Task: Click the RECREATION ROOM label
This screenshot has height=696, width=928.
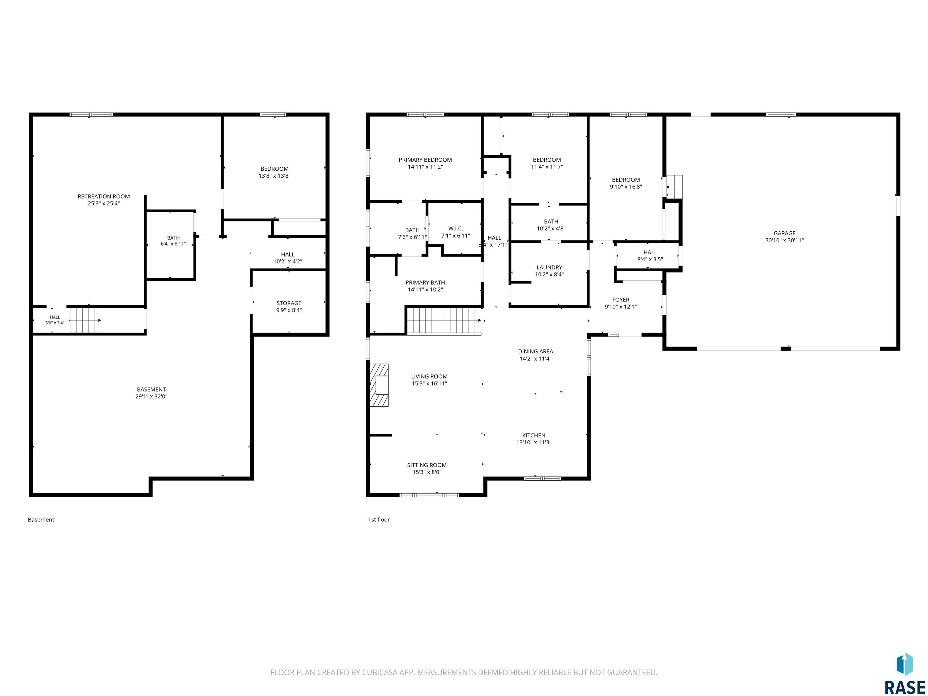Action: pyautogui.click(x=104, y=196)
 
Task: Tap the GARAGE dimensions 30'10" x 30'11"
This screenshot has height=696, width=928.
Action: pyautogui.click(x=784, y=240)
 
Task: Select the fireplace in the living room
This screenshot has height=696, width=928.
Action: pyautogui.click(x=379, y=385)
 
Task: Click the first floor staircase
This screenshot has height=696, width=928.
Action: pyautogui.click(x=444, y=321)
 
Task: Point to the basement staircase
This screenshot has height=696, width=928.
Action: pyautogui.click(x=85, y=320)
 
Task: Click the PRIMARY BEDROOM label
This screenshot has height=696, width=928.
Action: pyautogui.click(x=425, y=160)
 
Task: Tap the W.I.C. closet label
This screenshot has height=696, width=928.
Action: pyautogui.click(x=455, y=229)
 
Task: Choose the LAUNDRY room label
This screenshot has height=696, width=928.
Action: pyautogui.click(x=549, y=267)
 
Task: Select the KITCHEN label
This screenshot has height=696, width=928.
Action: pyautogui.click(x=534, y=436)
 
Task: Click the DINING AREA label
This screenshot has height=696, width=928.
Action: pyautogui.click(x=535, y=352)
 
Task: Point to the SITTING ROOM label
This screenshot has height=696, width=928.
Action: pyautogui.click(x=427, y=465)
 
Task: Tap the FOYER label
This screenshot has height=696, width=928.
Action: pyautogui.click(x=620, y=300)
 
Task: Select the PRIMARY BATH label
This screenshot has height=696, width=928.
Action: pyautogui.click(x=425, y=283)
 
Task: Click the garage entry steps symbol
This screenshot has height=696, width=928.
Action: pyautogui.click(x=674, y=186)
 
